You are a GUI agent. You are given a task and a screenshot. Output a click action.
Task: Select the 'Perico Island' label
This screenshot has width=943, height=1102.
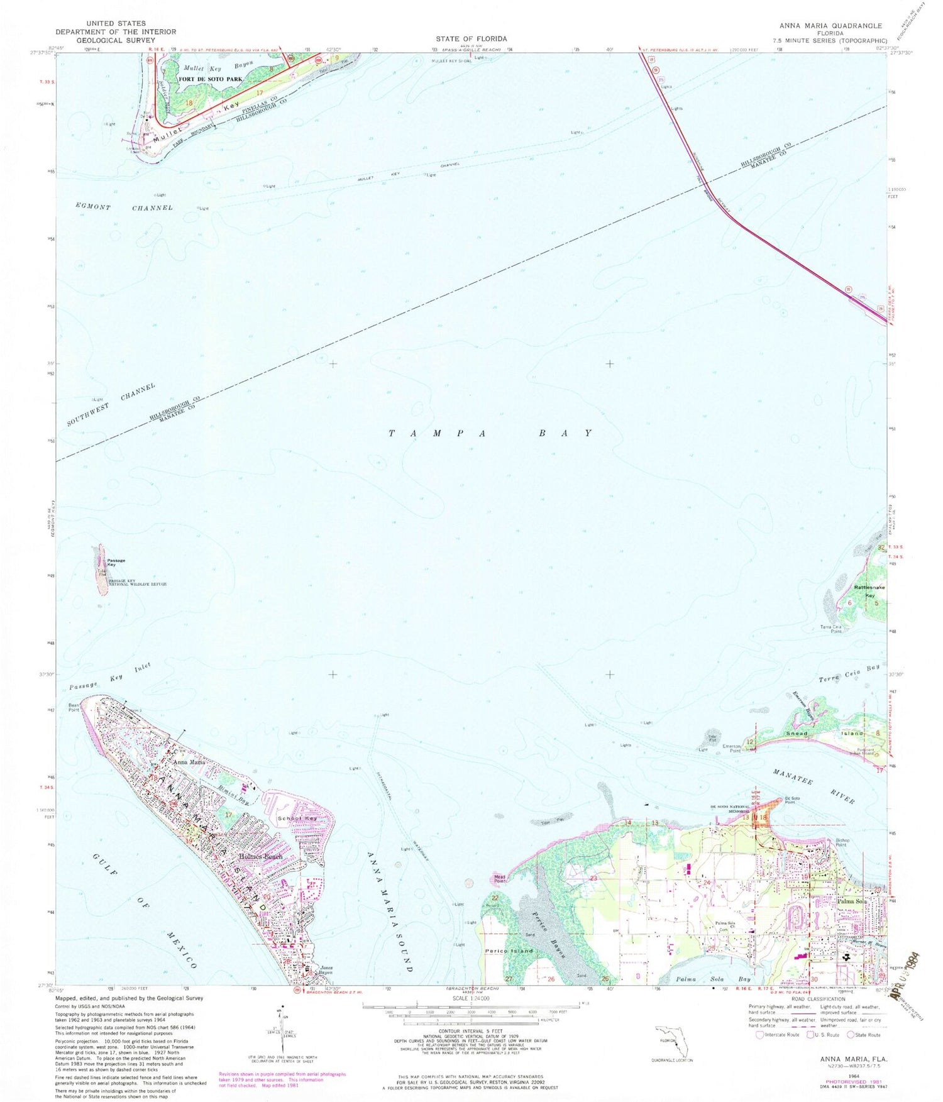click(509, 951)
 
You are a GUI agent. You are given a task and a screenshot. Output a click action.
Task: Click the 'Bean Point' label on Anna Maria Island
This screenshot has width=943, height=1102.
click(74, 708)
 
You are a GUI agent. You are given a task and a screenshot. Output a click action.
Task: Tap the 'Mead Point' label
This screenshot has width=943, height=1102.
click(500, 879)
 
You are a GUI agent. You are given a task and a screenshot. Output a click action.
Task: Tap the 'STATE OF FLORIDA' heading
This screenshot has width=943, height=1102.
click(471, 38)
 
